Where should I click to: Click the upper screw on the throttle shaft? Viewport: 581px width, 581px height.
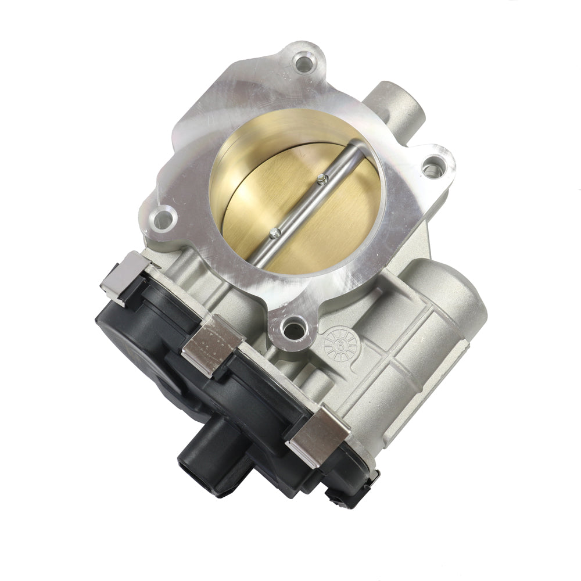(x=320, y=181)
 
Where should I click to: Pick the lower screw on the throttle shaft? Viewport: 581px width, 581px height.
(x=275, y=234)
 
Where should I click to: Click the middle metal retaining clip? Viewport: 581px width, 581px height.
(x=212, y=344)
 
